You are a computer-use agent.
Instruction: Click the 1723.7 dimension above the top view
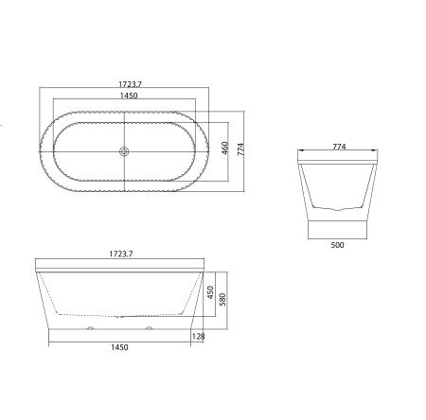(130, 84)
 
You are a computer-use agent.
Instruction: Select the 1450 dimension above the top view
(129, 96)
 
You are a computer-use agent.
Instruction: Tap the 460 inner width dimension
(224, 149)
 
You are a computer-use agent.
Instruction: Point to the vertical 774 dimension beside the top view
(240, 149)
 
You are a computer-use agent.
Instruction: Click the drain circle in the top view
(124, 151)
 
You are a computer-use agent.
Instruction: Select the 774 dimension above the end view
(339, 147)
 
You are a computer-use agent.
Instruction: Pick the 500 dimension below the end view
(337, 245)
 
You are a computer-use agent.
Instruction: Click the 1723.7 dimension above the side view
(121, 254)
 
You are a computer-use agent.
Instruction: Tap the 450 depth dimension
(211, 292)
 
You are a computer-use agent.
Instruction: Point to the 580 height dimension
(222, 300)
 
